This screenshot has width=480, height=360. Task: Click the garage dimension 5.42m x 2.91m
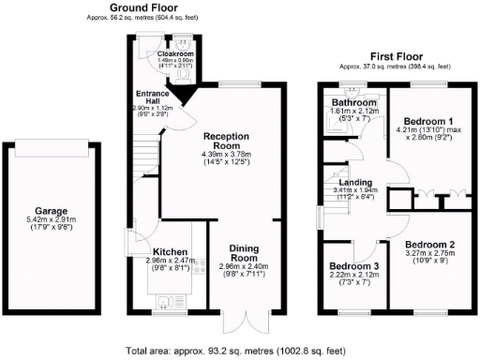[x=58, y=224]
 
